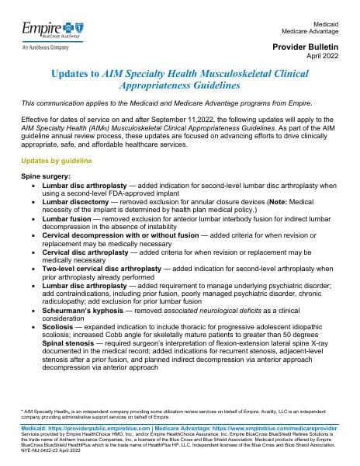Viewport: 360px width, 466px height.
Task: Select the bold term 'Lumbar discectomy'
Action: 80,202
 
